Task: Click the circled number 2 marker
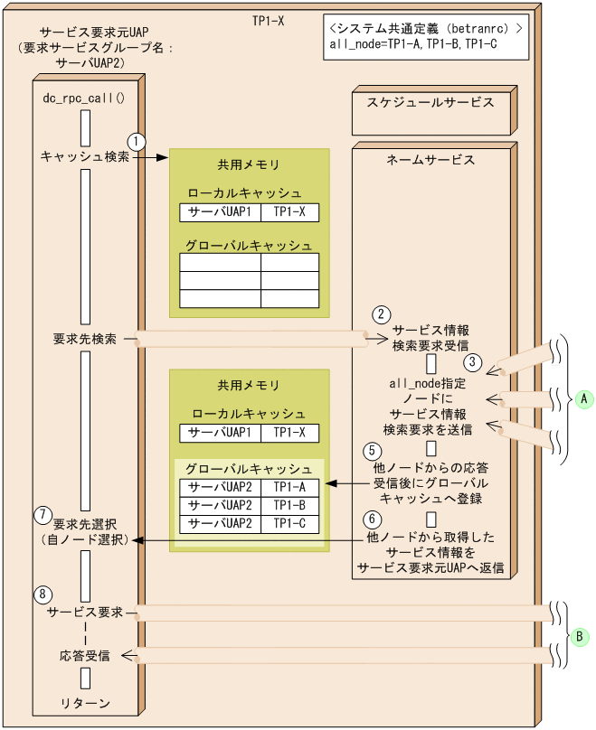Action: tap(382, 314)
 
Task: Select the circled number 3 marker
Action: tap(471, 362)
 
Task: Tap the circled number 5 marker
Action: tap(369, 449)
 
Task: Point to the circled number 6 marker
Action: tap(369, 519)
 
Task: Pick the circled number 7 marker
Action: tap(43, 515)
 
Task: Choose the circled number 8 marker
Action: tap(43, 594)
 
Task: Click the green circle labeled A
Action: tap(583, 398)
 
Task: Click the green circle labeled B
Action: tap(583, 635)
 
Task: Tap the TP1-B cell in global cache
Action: tap(290, 504)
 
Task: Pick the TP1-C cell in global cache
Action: tap(290, 523)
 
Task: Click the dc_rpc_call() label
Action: tap(84, 97)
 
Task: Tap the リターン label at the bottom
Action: tap(85, 703)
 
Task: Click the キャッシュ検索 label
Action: tap(85, 156)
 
